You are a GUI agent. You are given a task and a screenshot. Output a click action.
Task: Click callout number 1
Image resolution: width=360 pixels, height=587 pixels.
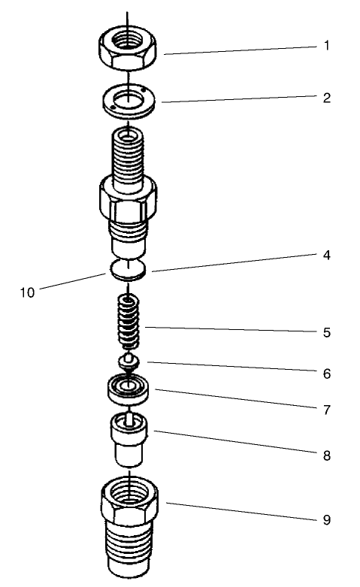(327, 45)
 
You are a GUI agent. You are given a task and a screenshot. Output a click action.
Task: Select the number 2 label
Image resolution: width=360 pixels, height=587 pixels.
(327, 98)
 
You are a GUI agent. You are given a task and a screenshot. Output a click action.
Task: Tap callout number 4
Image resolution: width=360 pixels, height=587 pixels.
(327, 255)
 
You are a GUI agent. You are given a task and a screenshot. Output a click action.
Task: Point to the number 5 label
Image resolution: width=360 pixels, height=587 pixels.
(327, 331)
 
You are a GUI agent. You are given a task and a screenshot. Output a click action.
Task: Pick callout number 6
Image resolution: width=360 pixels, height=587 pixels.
(327, 373)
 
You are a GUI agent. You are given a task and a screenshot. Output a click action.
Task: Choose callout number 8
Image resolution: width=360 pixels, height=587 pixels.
(327, 455)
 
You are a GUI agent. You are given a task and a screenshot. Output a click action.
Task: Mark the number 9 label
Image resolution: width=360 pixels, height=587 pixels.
(327, 519)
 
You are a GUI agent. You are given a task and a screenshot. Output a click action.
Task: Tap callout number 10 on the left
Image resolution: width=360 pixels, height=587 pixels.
(27, 292)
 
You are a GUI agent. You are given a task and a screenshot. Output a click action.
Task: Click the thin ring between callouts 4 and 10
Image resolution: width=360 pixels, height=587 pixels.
(129, 269)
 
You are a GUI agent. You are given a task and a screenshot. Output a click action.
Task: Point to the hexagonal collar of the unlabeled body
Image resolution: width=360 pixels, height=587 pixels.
(127, 199)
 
